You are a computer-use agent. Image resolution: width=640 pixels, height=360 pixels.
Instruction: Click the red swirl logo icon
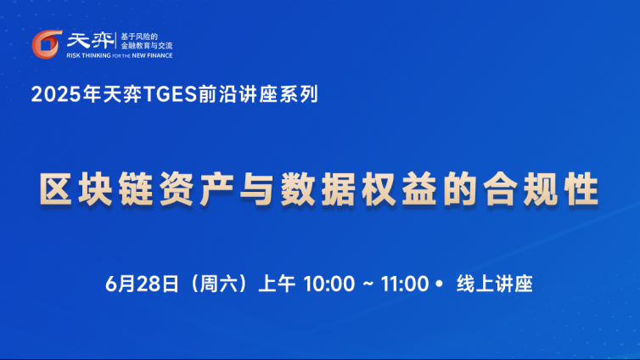(x=47, y=44)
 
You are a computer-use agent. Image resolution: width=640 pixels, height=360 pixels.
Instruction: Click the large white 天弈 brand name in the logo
(x=91, y=41)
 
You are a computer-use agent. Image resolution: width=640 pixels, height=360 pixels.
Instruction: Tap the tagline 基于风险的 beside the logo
(x=138, y=37)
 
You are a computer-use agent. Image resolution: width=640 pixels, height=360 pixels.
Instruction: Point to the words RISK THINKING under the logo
(x=88, y=55)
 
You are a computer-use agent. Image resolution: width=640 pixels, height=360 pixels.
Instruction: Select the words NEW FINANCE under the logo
(x=152, y=55)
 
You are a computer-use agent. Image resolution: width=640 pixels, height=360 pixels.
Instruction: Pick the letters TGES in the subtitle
(x=171, y=94)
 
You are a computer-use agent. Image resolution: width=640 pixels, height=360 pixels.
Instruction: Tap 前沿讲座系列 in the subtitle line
(x=258, y=94)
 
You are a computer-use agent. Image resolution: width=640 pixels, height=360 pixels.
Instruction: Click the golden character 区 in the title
(x=55, y=189)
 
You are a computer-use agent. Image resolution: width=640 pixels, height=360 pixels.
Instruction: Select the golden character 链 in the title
(x=137, y=189)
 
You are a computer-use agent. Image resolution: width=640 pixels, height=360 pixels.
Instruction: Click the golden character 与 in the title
(x=257, y=189)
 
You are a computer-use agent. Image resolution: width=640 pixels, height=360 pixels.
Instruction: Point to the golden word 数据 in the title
(x=317, y=189)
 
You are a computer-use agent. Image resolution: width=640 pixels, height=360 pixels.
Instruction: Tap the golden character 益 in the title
(x=418, y=189)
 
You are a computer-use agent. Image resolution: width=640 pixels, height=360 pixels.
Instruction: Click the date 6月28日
(x=142, y=284)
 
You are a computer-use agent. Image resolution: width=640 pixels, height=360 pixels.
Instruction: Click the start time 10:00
(x=329, y=284)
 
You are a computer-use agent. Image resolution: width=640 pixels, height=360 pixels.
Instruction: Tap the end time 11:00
(x=405, y=284)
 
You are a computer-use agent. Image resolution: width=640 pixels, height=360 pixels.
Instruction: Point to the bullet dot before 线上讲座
(x=439, y=284)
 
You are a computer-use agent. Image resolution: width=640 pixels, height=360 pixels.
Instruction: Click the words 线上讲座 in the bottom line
(x=495, y=284)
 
